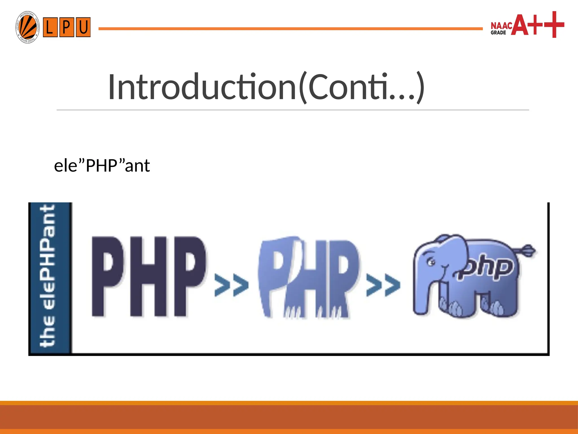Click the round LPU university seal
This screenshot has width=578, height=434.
pos(27,27)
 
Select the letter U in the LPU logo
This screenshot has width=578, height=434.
pos(83,27)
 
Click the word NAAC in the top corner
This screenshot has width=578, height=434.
pos(501,26)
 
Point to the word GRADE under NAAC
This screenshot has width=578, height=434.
pos(498,33)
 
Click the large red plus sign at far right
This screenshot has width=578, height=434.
pos(554,25)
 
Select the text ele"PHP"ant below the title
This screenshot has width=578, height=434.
pos(102,166)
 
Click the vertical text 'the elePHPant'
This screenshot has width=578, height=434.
pos(48,276)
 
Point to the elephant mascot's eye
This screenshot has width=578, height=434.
pos(431,262)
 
